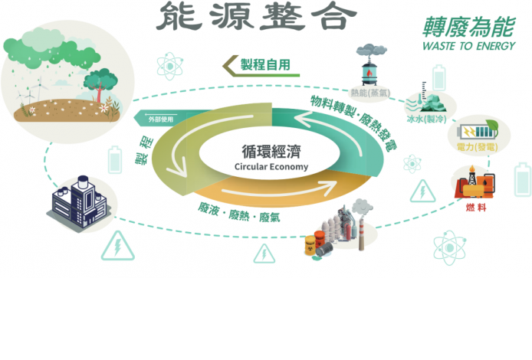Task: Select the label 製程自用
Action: click(264, 65)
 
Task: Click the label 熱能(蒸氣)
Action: click(371, 93)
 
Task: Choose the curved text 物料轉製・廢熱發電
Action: click(352, 123)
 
